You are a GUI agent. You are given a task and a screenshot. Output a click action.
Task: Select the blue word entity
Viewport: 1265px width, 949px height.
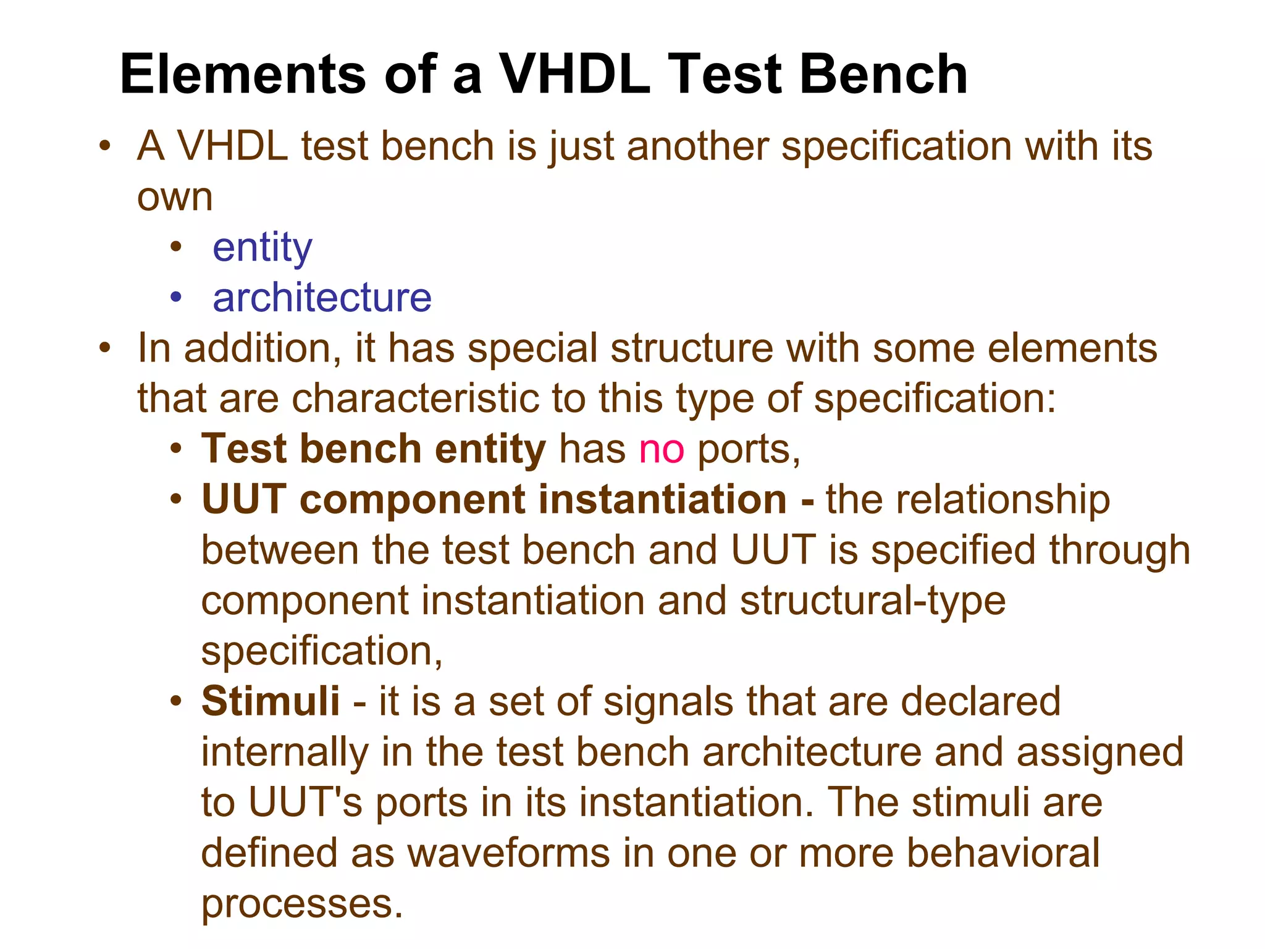pyautogui.click(x=263, y=248)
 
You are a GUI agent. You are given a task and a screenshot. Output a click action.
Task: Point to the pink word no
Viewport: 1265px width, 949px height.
pyautogui.click(x=662, y=449)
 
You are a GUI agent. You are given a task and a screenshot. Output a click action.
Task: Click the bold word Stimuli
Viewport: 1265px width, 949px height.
pyautogui.click(x=271, y=701)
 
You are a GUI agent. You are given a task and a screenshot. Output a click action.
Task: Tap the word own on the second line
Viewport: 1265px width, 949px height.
pyautogui.click(x=175, y=198)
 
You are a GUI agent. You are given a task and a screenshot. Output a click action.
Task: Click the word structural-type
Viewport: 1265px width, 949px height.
pyautogui.click(x=873, y=601)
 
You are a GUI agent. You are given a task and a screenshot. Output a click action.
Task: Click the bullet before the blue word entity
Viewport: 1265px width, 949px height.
pyautogui.click(x=177, y=247)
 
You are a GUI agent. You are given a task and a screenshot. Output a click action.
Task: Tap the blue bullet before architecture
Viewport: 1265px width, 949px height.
pyautogui.click(x=177, y=297)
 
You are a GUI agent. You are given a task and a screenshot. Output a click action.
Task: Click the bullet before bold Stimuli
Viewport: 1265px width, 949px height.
pyautogui.click(x=177, y=701)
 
